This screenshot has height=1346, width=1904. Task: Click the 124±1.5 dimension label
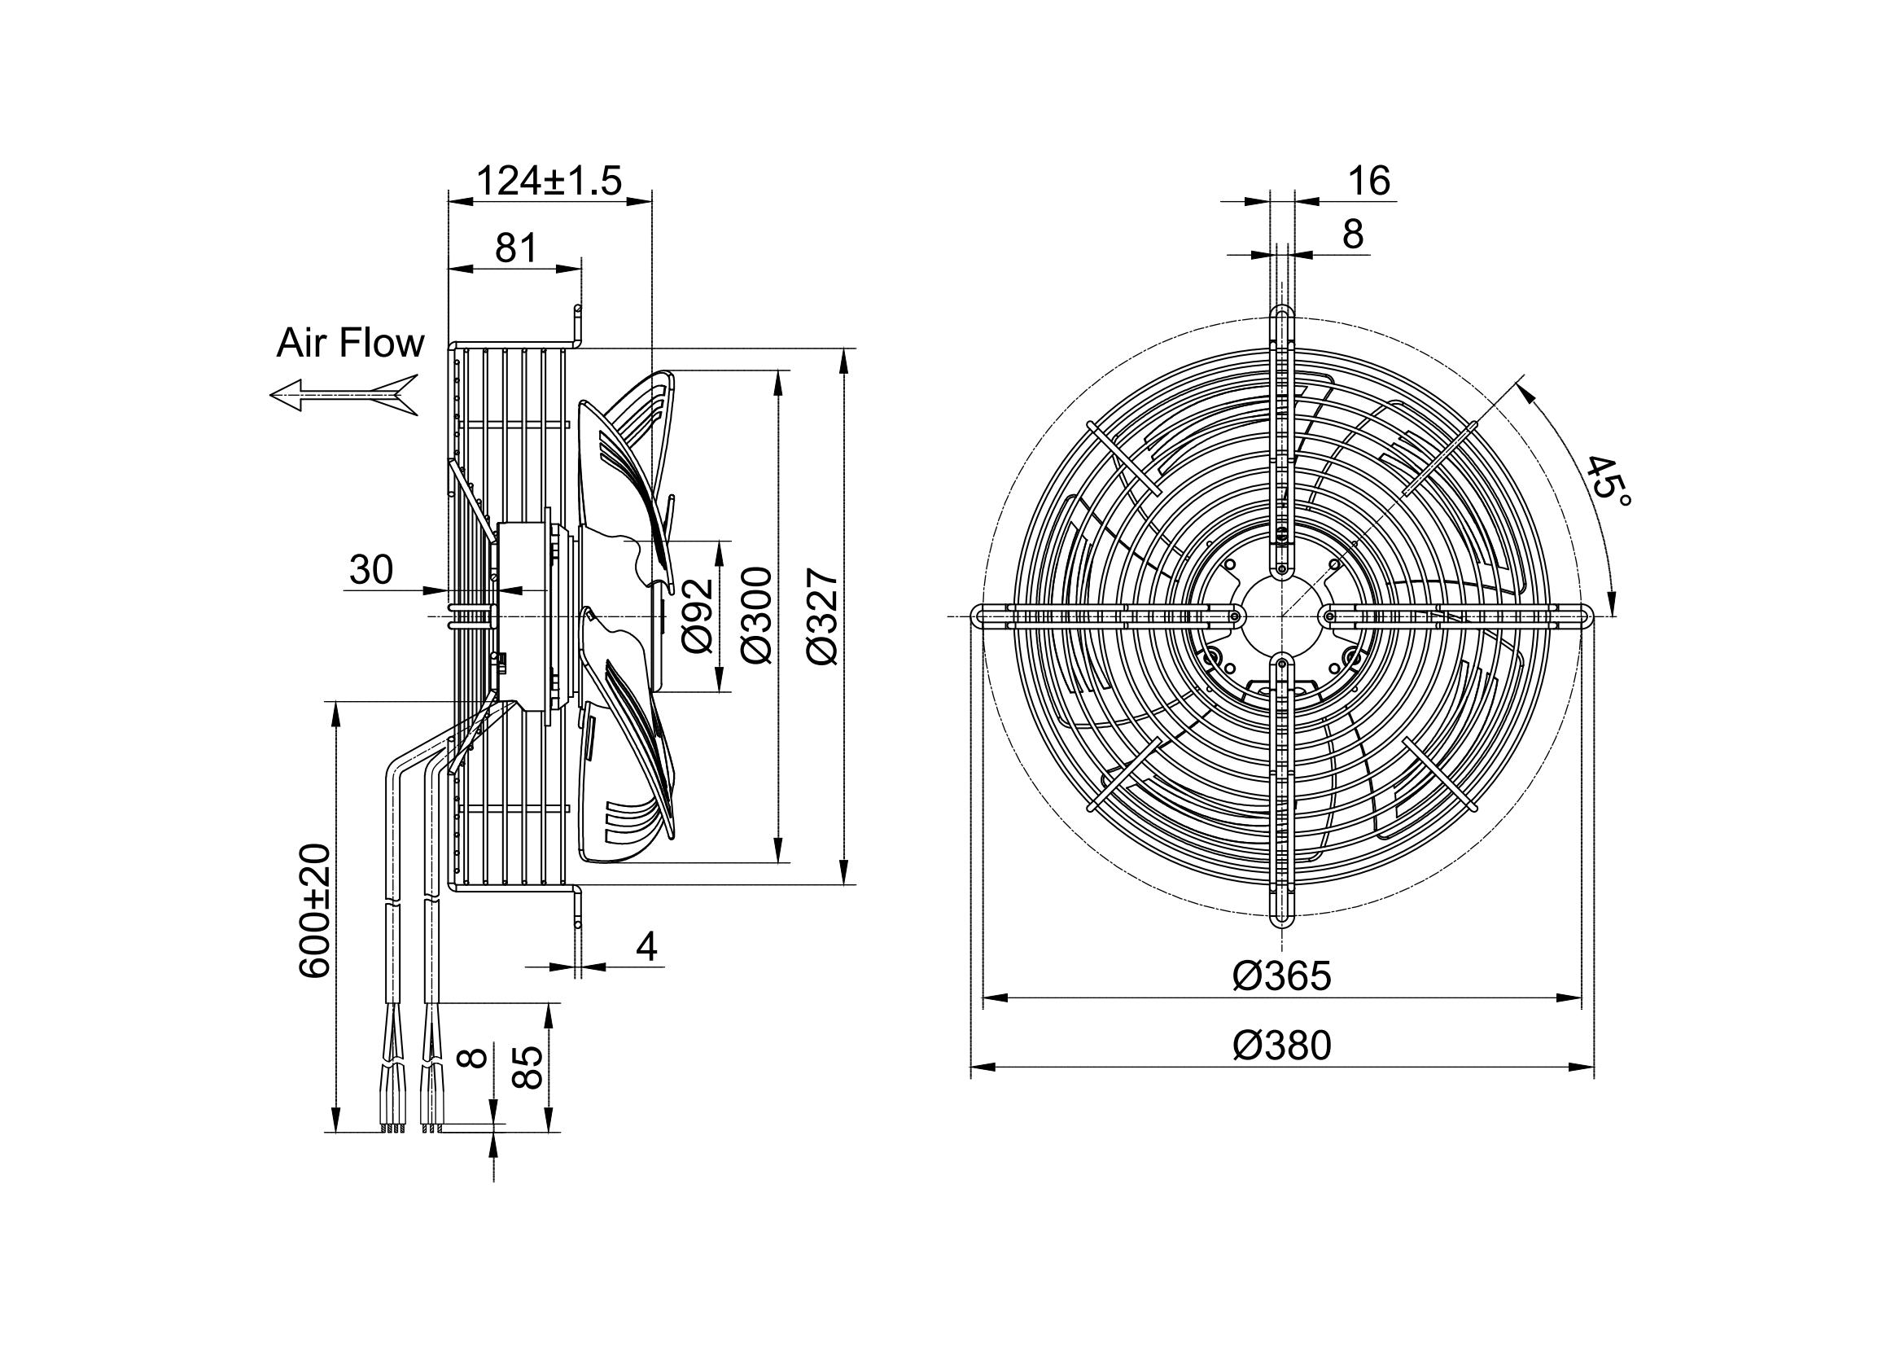click(x=549, y=181)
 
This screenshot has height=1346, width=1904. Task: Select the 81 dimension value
click(x=516, y=248)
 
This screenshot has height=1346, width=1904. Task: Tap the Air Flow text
click(x=350, y=344)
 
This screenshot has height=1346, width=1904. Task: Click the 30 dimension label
click(x=370, y=571)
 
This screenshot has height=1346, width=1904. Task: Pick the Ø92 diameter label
click(x=698, y=616)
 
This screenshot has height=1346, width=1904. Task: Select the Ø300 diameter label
click(x=757, y=615)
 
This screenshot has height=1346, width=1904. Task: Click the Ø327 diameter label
click(x=824, y=616)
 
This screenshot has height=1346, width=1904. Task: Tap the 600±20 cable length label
click(x=316, y=911)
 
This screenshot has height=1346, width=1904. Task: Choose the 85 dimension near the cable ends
click(x=527, y=1067)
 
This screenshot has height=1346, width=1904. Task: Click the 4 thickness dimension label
click(x=647, y=946)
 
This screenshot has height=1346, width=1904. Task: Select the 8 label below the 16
click(x=1353, y=235)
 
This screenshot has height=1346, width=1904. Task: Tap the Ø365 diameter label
click(x=1281, y=977)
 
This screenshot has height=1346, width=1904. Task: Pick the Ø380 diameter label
click(x=1281, y=1046)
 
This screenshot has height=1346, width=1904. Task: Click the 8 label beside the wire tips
click(x=475, y=1059)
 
